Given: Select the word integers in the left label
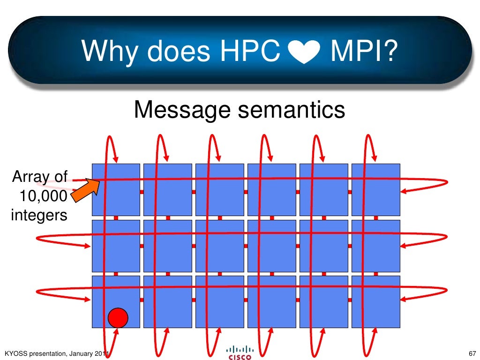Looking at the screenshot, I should [38, 215].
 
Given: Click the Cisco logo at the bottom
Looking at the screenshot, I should [240, 352].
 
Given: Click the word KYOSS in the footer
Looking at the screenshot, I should [15, 353].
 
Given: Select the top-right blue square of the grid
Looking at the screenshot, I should [376, 189].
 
